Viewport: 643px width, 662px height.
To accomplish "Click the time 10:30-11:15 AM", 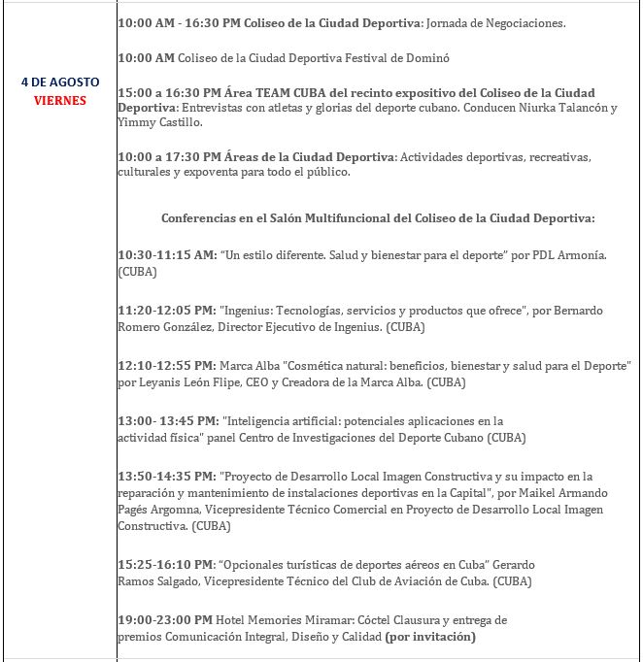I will click(x=167, y=255).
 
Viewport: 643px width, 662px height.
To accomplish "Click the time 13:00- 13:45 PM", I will click(x=167, y=421).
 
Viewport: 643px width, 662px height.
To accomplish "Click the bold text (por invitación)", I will click(x=430, y=637).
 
